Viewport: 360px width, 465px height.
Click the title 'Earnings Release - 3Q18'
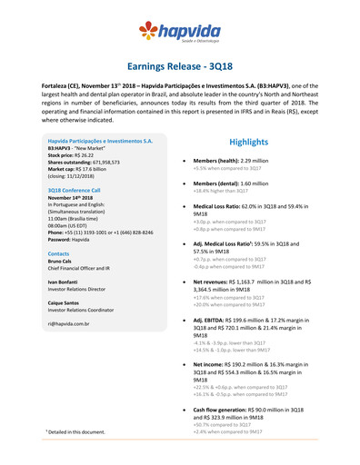[x=179, y=67]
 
